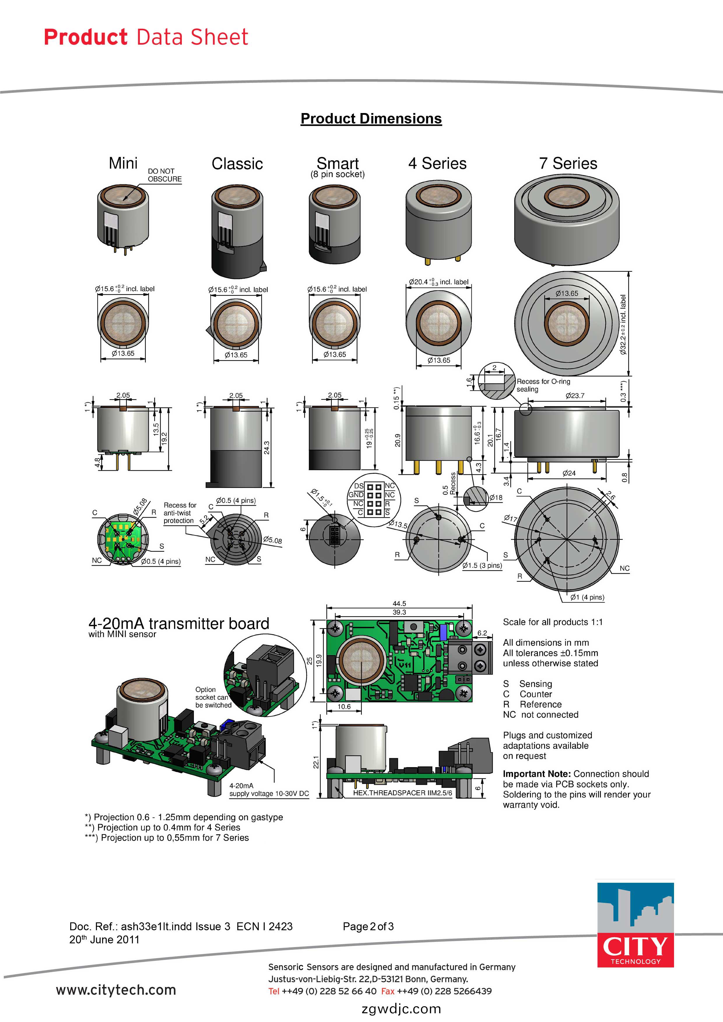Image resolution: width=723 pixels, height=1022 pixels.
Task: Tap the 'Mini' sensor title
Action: point(123,163)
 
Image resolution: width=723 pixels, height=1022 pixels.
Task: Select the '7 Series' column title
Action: point(568,163)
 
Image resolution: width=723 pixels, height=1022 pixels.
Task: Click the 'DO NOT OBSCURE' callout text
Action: point(164,175)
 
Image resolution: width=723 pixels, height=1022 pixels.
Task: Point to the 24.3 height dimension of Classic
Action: point(266,448)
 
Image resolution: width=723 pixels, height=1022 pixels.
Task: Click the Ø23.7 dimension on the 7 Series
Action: point(575,396)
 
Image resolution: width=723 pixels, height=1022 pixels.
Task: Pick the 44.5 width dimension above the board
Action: point(399,604)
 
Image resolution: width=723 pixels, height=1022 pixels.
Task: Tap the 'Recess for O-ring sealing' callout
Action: point(543,385)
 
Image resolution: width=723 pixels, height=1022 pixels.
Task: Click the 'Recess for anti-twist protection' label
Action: point(180,513)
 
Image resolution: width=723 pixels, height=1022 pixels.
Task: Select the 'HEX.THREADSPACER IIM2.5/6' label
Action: point(402,793)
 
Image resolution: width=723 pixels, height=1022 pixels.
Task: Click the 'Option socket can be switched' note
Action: point(213,697)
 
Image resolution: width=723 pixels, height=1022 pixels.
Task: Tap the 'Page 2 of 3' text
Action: point(368,926)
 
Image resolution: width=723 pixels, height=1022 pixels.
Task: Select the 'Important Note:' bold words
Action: point(536,773)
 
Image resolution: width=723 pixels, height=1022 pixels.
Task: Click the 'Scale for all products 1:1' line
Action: point(552,622)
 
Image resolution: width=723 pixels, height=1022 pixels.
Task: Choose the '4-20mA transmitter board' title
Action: point(179,623)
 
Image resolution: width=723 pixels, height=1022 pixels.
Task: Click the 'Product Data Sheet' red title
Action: point(146,37)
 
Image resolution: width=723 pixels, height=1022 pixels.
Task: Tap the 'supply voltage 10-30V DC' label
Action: point(269,794)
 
